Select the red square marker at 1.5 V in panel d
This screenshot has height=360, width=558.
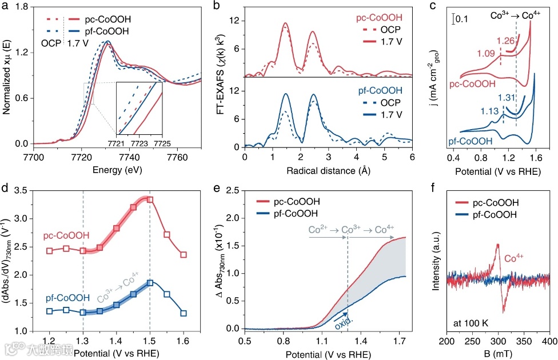tap(150, 199)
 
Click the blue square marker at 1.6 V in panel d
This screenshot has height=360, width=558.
tap(184, 313)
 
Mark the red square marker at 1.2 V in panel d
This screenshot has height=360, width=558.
tap(50, 251)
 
